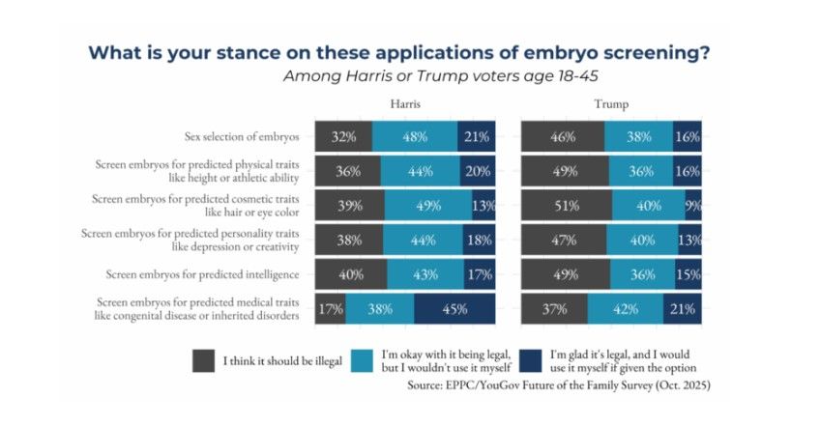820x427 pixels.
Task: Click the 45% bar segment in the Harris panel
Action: [454, 309]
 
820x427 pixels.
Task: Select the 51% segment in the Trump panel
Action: [567, 206]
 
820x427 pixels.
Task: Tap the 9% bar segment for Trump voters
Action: [693, 206]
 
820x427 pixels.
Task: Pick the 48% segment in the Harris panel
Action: [415, 136]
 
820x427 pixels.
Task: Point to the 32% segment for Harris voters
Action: [343, 136]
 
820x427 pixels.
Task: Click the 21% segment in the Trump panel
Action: [683, 309]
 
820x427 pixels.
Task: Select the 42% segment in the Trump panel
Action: [626, 309]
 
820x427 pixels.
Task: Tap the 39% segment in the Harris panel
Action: [349, 206]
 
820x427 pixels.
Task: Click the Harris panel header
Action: [405, 104]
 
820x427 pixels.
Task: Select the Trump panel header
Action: [611, 104]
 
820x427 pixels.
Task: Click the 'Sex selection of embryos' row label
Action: [242, 137]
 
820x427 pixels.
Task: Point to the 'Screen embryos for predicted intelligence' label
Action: [202, 275]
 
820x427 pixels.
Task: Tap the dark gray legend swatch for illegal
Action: [203, 360]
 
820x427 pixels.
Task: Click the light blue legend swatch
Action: [362, 360]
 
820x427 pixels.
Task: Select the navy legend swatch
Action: [530, 360]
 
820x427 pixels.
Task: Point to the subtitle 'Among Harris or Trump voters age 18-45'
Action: [440, 76]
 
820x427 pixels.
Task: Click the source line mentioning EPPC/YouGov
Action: [559, 385]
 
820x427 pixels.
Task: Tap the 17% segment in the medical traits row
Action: [330, 309]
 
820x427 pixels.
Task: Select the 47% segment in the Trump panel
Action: [564, 240]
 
